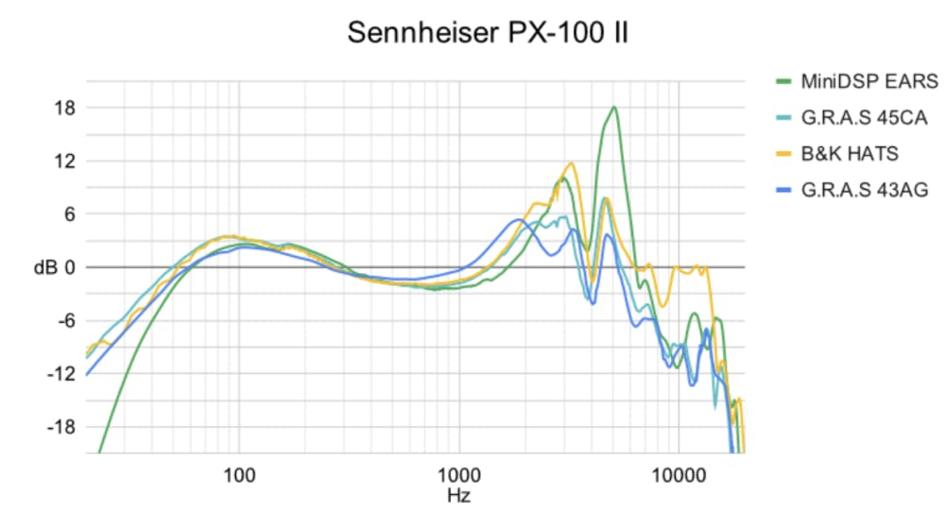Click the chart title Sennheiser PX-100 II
coord(488,33)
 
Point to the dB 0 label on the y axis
coord(54,267)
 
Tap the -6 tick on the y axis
coord(62,320)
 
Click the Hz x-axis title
coord(459,493)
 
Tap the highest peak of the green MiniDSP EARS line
coord(614,107)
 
